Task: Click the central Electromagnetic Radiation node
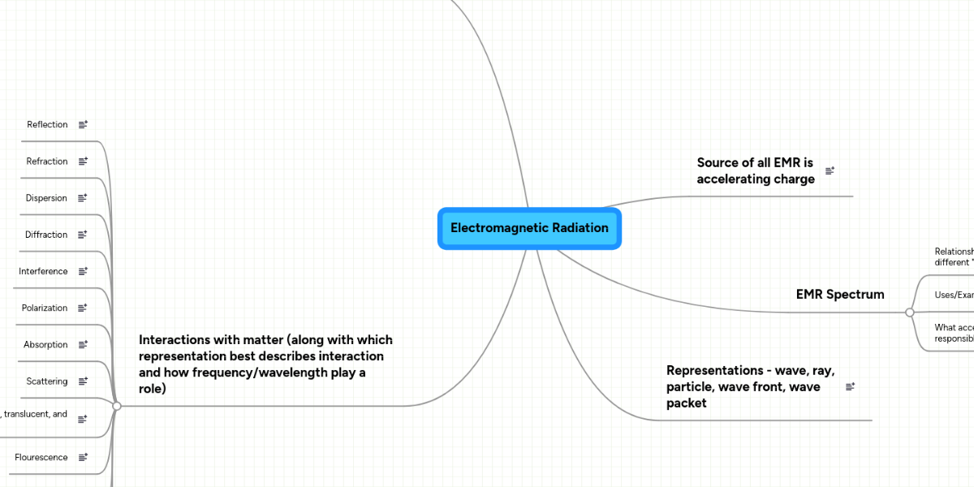pos(529,228)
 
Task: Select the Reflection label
pos(47,125)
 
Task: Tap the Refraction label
pos(47,162)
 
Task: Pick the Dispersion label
pos(46,198)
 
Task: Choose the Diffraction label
pos(46,235)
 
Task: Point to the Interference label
pos(43,271)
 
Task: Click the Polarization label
pos(45,308)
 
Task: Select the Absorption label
pos(45,345)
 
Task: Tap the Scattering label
pos(47,381)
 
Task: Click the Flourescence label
pos(41,458)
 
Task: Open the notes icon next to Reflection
pos(83,125)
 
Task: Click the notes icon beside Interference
pos(83,271)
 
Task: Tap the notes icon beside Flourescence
pos(83,458)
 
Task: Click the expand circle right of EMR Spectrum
pos(910,312)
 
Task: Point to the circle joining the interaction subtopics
pos(117,406)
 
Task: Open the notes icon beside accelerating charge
pos(830,171)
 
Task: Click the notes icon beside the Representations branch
pos(850,387)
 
